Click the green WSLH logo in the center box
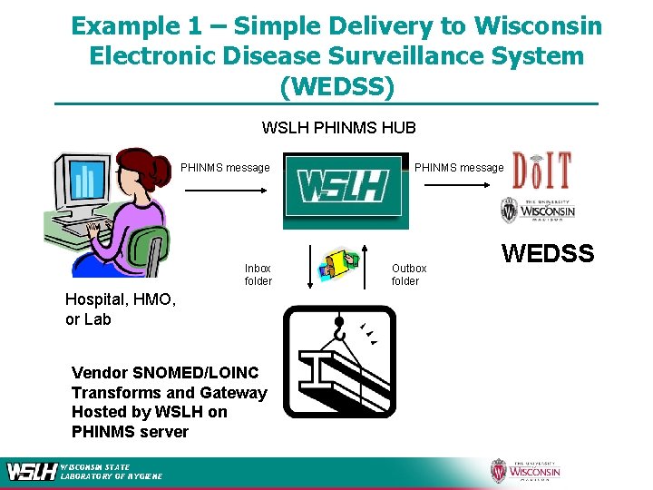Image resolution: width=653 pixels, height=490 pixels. coord(343,189)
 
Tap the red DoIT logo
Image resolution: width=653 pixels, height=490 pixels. coord(542,171)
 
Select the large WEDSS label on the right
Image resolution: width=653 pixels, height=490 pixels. coord(548,254)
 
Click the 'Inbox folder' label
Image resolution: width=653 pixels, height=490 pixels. coord(258,274)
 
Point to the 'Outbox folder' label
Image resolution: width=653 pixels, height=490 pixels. coord(408,274)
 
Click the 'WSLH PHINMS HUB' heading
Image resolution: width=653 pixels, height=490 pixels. coord(338,127)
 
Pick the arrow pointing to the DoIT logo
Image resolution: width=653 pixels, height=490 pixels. coord(460,186)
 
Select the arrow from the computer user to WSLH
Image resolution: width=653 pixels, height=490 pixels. coord(225,190)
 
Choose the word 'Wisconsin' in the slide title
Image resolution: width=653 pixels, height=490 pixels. coord(541,25)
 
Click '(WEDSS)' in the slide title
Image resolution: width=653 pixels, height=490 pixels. coord(337,87)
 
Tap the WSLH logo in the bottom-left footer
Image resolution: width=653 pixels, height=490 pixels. coord(33,471)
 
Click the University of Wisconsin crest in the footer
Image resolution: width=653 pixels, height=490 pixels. coord(498,471)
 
